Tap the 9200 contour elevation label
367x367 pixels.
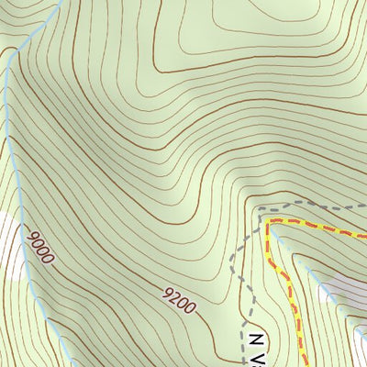tap(178, 300)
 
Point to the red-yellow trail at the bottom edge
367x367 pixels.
tap(304, 364)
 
